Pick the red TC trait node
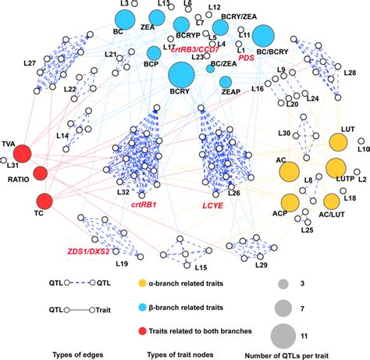coord(45,201)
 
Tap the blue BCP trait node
coord(153,53)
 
